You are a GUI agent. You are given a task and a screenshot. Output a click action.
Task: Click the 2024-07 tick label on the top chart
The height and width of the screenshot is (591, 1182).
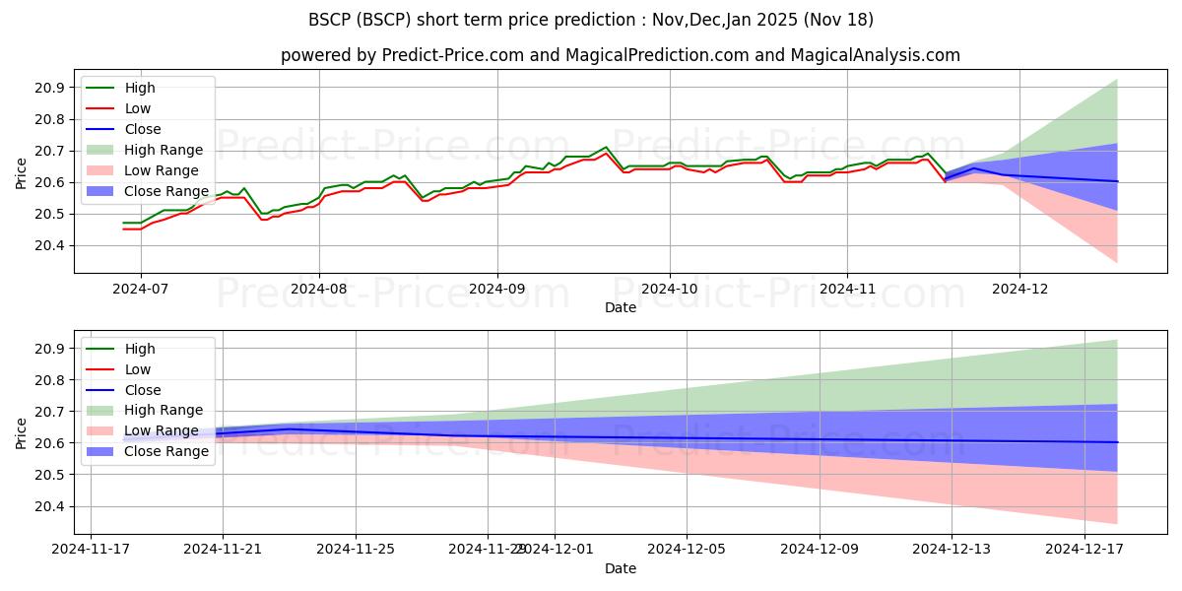point(140,289)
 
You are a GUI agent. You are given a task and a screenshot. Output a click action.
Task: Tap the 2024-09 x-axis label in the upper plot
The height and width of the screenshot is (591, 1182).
point(496,289)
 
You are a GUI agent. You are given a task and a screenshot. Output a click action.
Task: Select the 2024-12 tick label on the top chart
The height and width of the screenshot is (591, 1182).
point(1019,289)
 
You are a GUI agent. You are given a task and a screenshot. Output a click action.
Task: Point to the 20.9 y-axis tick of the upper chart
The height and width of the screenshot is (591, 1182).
point(49,88)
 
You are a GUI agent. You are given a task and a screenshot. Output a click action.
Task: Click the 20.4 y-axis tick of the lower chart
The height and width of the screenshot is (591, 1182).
point(49,506)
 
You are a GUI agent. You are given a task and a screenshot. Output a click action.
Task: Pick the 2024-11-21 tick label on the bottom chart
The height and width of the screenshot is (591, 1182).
point(223,550)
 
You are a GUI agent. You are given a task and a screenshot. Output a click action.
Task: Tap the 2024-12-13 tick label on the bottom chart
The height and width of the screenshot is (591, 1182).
point(952,550)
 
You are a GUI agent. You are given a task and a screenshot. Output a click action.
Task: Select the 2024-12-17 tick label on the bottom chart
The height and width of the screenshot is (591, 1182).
point(1083,550)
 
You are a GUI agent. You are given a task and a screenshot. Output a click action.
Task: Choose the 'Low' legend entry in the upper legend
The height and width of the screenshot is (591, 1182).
point(138,108)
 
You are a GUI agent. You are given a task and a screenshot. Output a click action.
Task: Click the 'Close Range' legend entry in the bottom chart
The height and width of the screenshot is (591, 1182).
point(166,451)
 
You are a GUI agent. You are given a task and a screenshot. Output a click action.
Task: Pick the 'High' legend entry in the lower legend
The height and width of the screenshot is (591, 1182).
point(140,349)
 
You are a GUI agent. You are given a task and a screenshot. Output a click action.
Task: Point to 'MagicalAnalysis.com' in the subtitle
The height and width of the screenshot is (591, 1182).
point(884,55)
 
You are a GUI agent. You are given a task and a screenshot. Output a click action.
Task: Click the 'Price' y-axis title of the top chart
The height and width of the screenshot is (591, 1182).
point(22,172)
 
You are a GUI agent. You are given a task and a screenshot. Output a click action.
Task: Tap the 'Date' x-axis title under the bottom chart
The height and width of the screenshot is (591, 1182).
point(621,568)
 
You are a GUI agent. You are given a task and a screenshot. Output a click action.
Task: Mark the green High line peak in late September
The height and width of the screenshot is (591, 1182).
point(606,147)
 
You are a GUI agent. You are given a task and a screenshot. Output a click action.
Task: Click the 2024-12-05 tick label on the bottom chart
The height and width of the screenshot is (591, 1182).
point(687,550)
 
